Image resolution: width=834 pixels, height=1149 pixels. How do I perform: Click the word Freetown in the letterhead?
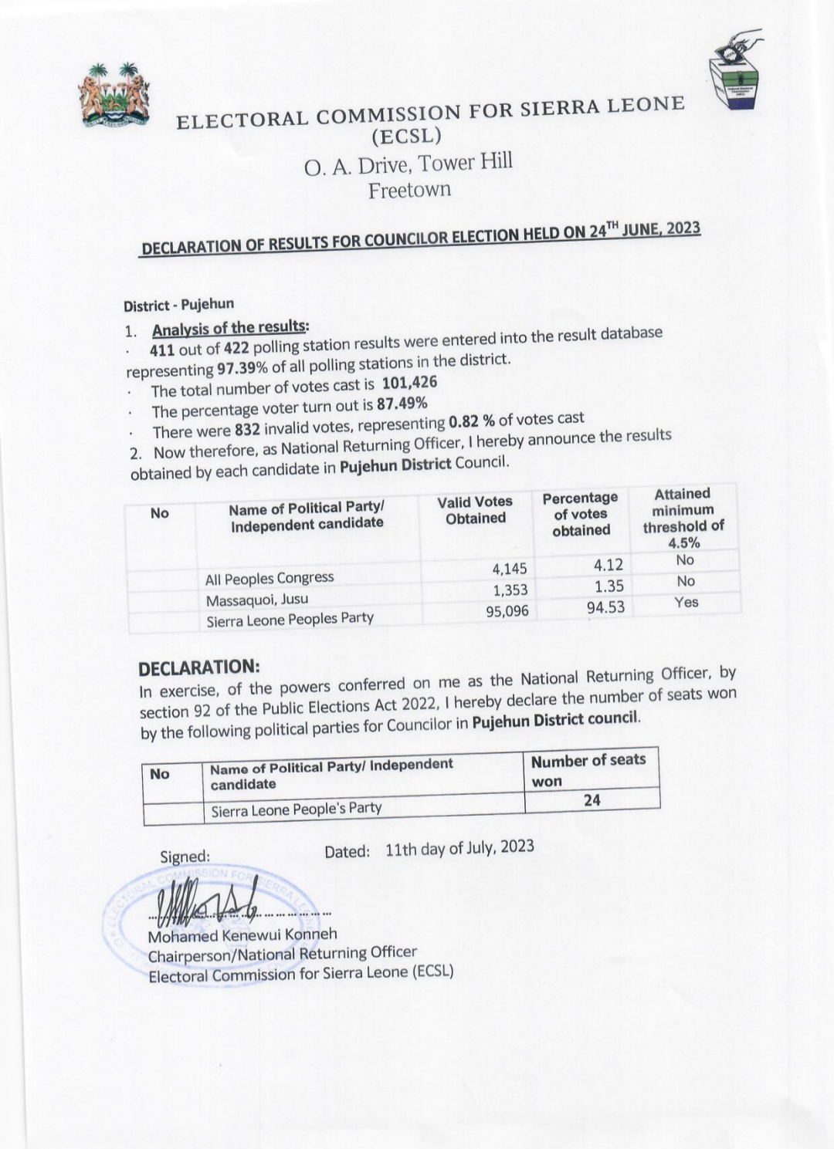(x=409, y=190)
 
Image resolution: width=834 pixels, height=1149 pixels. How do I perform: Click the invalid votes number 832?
(x=247, y=430)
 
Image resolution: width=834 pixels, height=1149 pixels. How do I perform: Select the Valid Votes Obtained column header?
(x=475, y=510)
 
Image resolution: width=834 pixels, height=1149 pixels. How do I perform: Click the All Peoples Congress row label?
(x=270, y=578)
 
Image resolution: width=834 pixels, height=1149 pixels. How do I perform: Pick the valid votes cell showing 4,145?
(x=510, y=569)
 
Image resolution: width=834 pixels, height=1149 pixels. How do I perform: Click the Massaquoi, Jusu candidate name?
(x=256, y=600)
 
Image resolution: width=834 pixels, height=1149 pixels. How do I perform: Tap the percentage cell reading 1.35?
(x=609, y=586)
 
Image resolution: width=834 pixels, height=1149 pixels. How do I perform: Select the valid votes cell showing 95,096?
(x=507, y=612)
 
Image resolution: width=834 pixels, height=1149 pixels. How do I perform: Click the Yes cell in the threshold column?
(x=686, y=602)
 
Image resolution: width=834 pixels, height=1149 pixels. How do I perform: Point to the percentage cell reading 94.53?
(x=605, y=607)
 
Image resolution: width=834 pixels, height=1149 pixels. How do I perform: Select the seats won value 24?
(x=592, y=800)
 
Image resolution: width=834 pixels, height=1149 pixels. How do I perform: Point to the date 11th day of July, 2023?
(x=459, y=848)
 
